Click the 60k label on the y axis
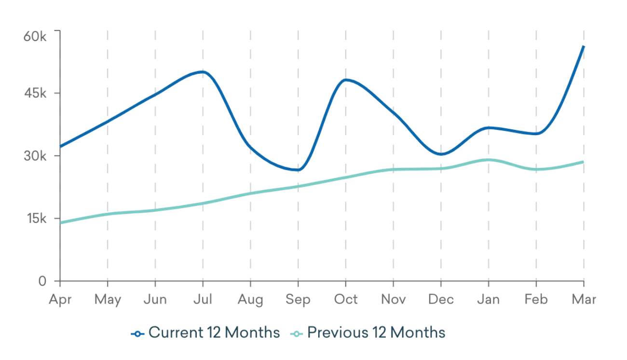35,37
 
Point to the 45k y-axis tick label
35,93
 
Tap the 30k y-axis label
35,156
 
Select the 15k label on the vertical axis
35,219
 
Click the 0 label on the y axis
42,281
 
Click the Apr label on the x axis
60,300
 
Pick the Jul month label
203,300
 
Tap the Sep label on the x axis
298,300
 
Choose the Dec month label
441,300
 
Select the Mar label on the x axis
584,300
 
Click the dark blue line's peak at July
203,72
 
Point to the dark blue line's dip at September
298,170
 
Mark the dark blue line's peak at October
345,80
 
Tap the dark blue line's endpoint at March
584,46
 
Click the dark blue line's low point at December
441,154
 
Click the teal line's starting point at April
60,223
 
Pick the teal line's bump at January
488,160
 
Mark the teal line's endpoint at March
584,162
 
